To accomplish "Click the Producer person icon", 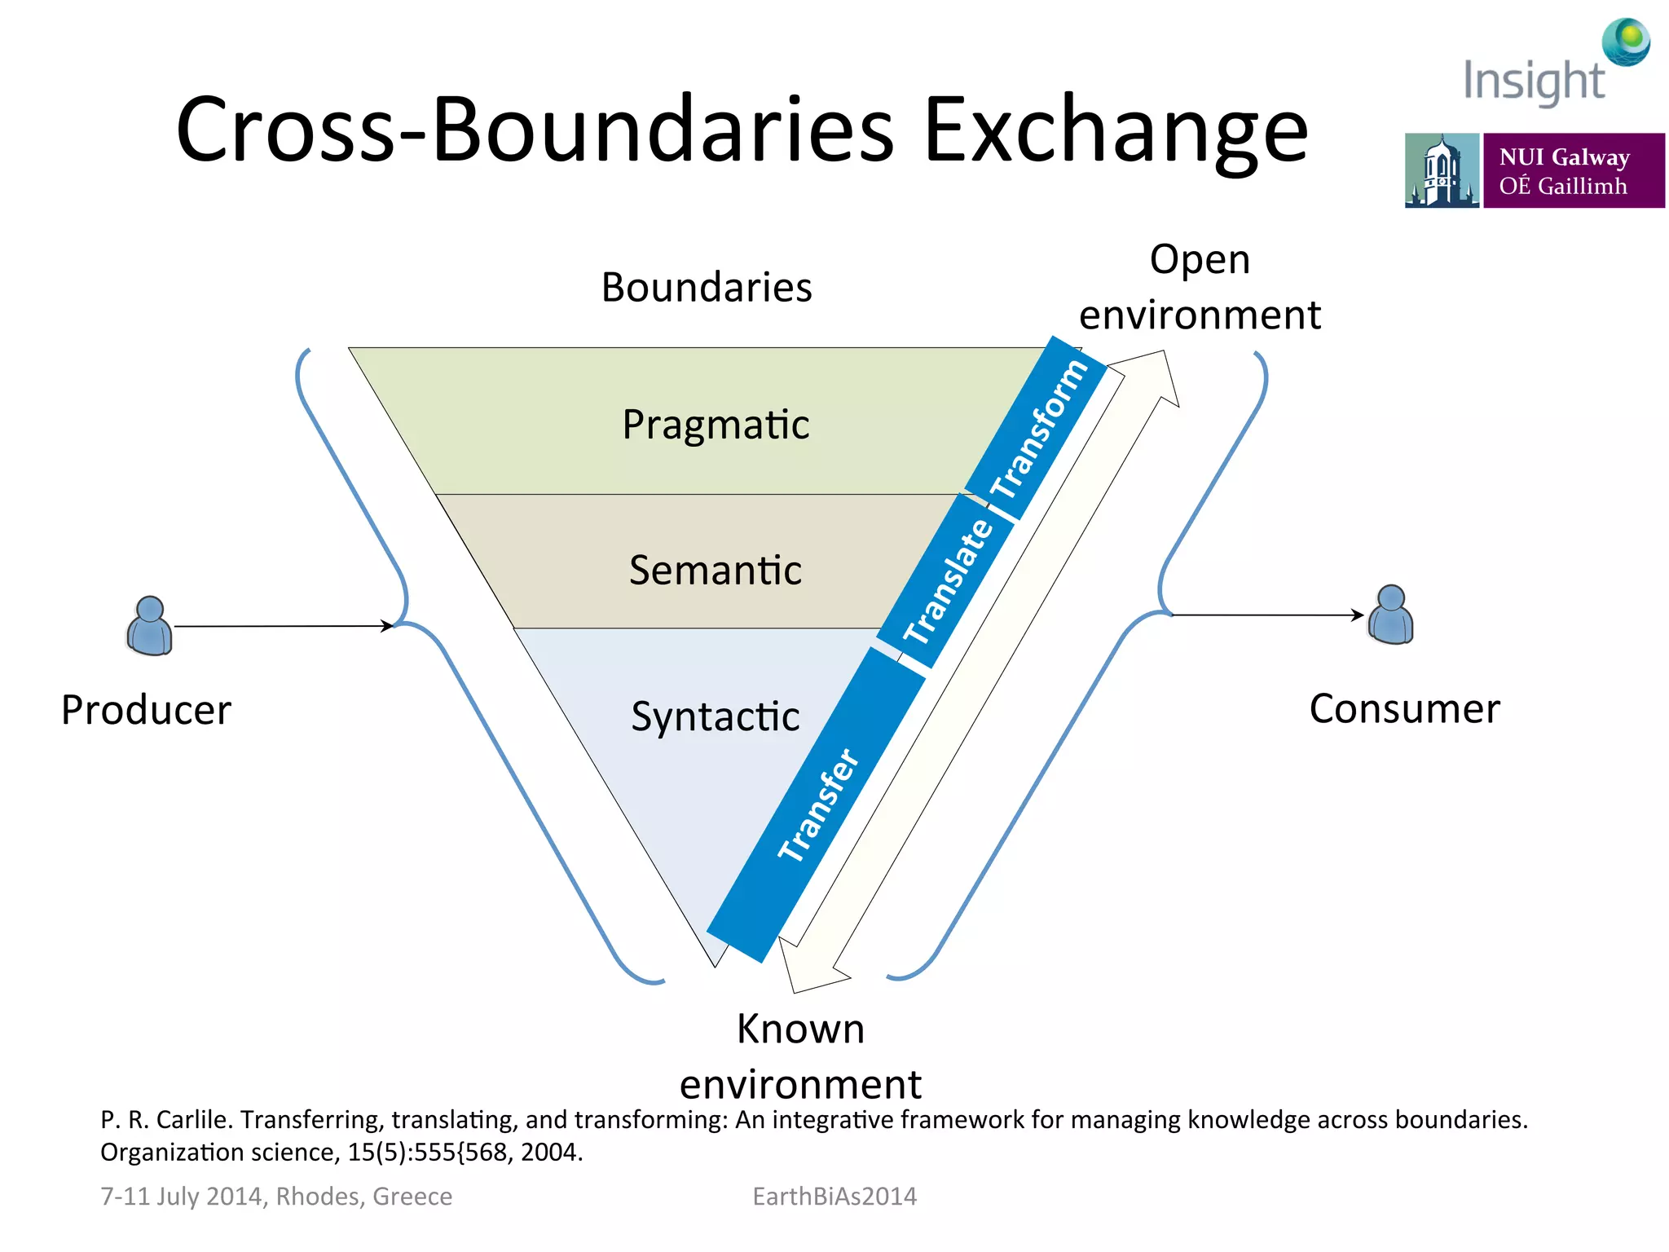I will [150, 626].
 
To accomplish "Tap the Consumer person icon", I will [1390, 615].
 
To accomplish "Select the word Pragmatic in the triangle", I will [716, 425].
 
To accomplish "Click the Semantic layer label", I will [716, 570].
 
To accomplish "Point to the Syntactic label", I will [716, 716].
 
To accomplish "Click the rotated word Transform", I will [1038, 429].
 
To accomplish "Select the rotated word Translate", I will [949, 580].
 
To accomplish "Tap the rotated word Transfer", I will [818, 805].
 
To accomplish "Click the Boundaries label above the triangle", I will [707, 288].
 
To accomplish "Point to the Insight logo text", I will [1534, 82].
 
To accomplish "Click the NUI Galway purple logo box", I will [1573, 171].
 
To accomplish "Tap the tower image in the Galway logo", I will [1441, 171].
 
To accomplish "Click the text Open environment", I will [1200, 287].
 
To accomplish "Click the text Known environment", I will [800, 1056].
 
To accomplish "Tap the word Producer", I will [147, 710].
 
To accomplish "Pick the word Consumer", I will [1404, 709].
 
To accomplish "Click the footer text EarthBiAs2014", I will [834, 1196].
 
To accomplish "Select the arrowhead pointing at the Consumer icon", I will [1358, 615].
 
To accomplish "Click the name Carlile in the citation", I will [194, 1120].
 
